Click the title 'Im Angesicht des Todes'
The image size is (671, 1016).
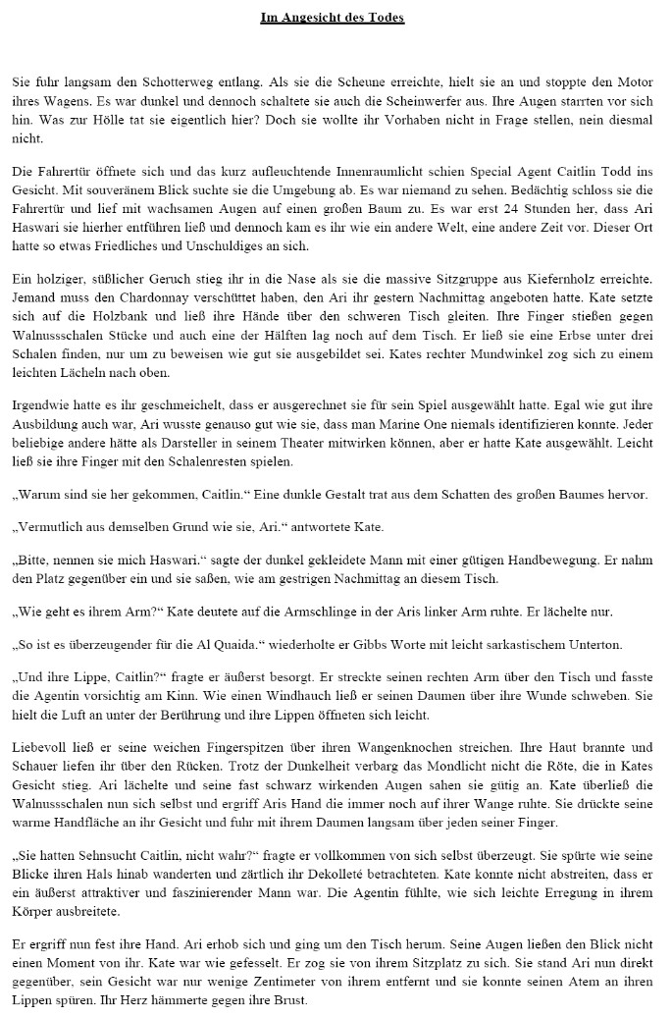[x=333, y=18]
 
